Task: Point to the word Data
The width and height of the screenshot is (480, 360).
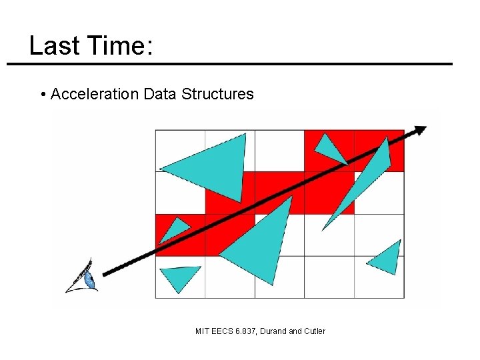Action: (x=159, y=94)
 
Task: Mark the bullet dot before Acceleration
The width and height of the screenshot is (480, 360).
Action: (x=43, y=95)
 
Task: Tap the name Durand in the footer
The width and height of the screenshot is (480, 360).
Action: (x=278, y=331)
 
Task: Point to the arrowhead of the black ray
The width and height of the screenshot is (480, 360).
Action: (x=420, y=130)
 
